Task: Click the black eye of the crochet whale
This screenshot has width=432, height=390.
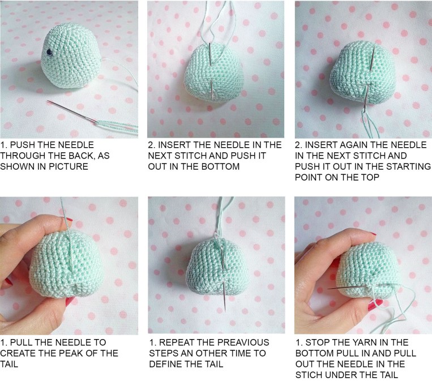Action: coord(49,52)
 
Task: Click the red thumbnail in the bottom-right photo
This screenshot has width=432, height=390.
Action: coord(375,304)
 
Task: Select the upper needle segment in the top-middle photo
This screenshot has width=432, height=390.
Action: coord(209,54)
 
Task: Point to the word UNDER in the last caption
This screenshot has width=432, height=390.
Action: coord(340,375)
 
